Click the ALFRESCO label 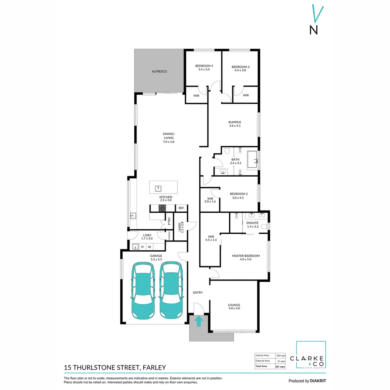159,72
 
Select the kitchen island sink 158,188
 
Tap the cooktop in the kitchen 162,208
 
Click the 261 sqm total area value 281,366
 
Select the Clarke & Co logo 311,355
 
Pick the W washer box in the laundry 149,247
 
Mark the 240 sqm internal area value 281,355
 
